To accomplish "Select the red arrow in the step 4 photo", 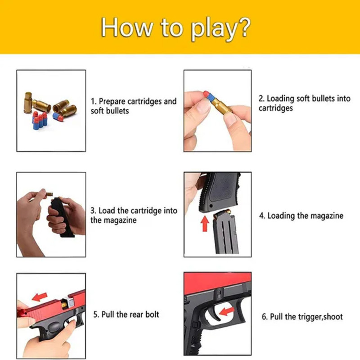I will tap(205, 222).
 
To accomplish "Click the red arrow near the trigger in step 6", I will tap(226, 310).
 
